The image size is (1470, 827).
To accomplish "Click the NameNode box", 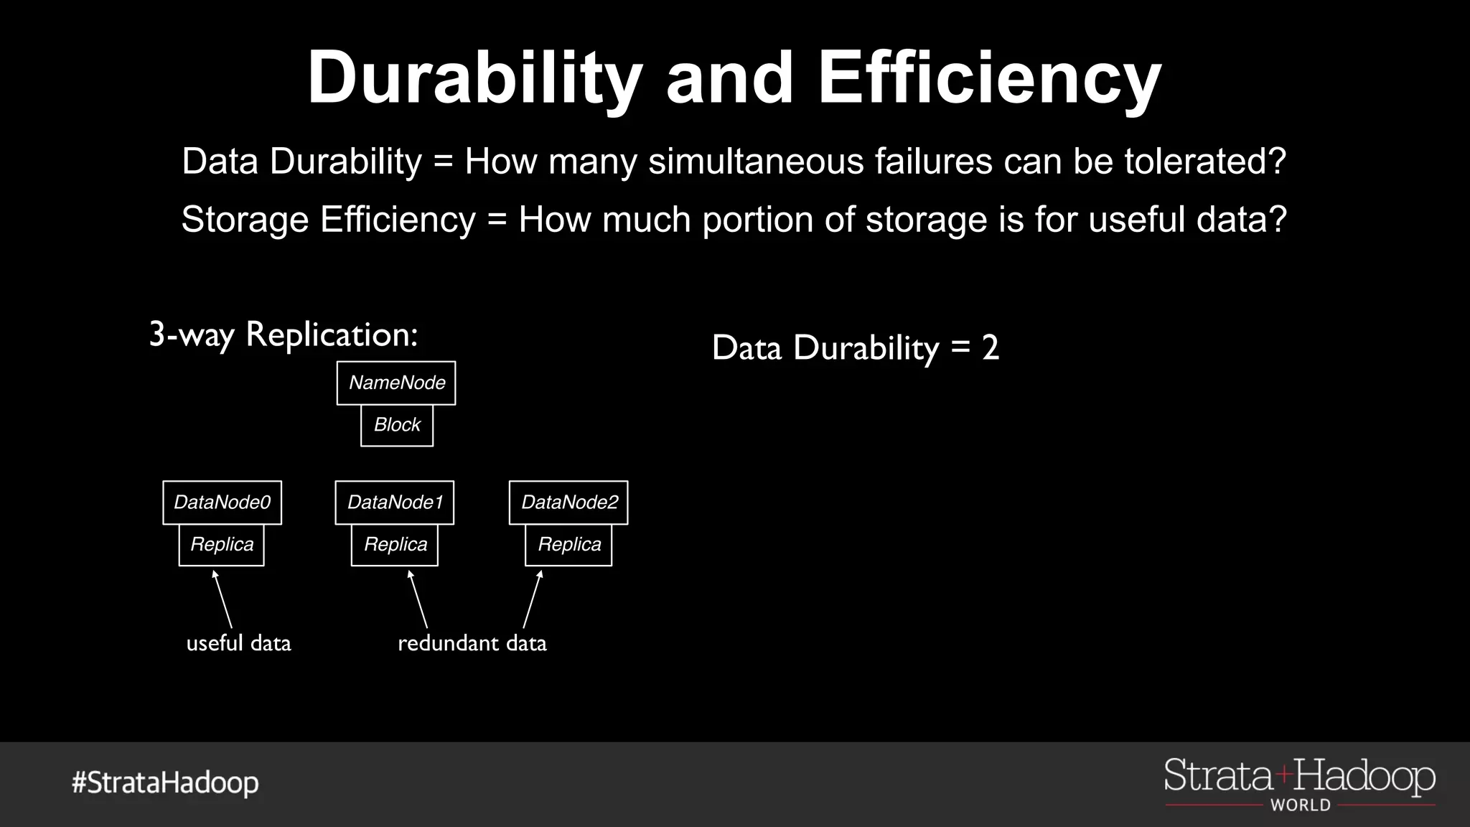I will pos(396,383).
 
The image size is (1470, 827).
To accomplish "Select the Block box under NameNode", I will pos(397,425).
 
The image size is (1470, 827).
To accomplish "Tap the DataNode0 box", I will pos(222,503).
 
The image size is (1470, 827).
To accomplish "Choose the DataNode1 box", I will pos(395,503).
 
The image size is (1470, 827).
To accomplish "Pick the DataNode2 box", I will pos(568,503).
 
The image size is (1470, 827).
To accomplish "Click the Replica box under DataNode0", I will pos(222,545).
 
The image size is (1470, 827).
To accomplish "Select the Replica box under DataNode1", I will pos(395,545).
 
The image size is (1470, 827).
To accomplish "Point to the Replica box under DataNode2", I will pos(568,545).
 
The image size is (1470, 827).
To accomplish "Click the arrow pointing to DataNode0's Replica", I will pos(223,599).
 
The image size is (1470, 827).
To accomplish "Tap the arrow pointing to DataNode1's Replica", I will pos(418,599).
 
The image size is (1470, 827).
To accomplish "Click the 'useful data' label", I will pos(238,643).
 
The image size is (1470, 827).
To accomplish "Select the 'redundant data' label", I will pos(472,643).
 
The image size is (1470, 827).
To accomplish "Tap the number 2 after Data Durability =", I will pos(991,348).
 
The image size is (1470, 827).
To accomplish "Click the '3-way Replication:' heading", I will pos(284,335).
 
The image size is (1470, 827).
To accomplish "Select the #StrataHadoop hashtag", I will pos(165,782).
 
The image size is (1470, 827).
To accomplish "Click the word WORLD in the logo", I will pos(1301,805).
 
